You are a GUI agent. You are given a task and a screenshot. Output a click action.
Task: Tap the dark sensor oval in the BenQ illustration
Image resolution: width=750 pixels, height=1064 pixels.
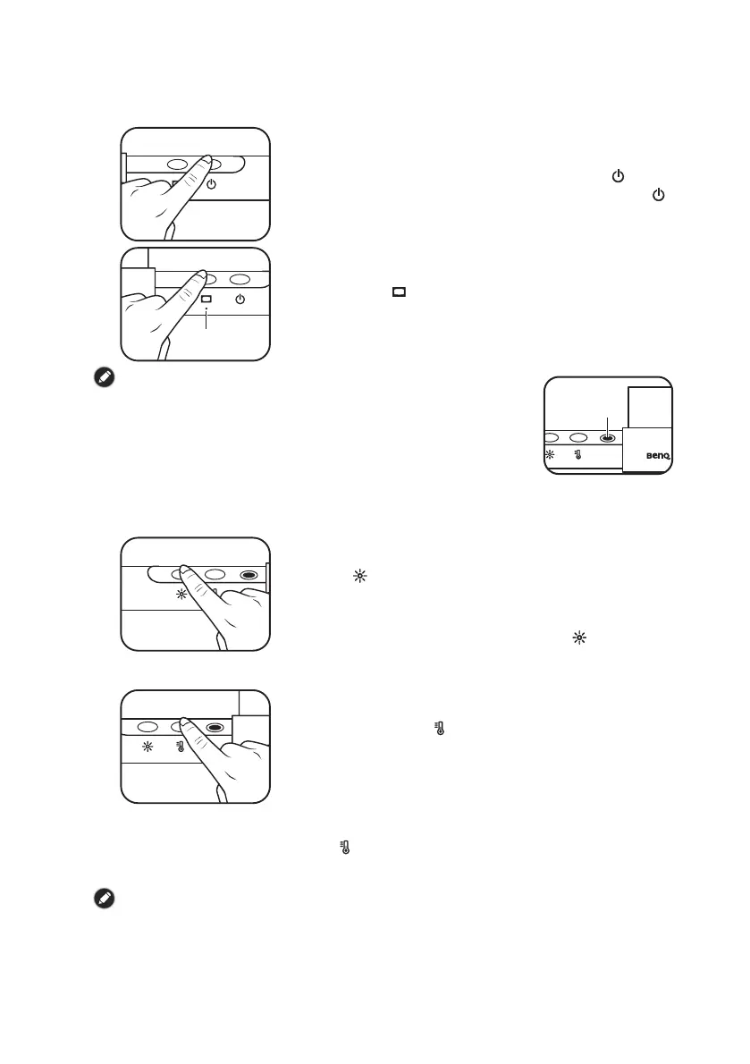608,438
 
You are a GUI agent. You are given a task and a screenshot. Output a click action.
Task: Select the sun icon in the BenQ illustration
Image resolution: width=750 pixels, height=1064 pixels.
550,455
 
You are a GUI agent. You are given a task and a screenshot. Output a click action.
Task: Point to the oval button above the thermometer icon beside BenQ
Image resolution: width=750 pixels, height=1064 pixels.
578,438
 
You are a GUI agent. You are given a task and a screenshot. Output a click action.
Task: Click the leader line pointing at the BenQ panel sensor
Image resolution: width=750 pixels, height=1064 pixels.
608,424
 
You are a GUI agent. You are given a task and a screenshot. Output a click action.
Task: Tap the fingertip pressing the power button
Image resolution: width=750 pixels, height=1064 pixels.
205,161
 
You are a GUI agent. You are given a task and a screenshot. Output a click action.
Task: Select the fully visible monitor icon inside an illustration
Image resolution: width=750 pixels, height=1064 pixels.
206,299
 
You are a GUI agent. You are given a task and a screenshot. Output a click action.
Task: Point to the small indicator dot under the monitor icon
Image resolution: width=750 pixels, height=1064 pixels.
206,311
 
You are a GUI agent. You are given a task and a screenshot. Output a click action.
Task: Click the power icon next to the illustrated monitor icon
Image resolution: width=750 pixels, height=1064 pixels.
239,299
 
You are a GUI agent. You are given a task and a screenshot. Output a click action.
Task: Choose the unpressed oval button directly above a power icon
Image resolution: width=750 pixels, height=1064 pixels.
239,279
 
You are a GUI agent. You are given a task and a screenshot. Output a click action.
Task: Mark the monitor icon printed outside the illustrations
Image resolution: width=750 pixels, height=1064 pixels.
399,291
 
